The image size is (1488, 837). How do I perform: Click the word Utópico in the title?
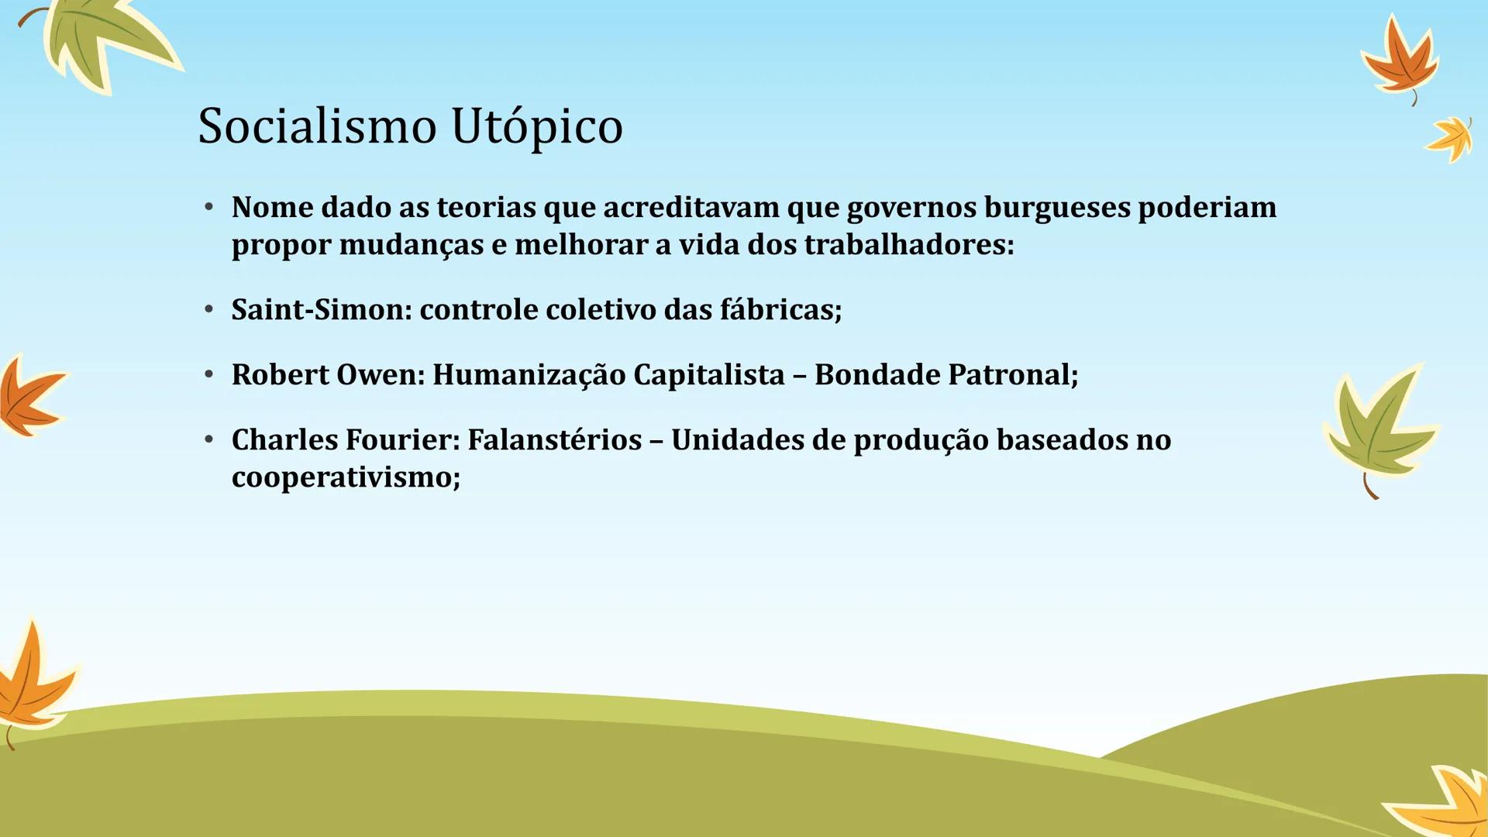536,126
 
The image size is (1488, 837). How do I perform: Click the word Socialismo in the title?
317,126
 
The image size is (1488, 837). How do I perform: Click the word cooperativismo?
346,477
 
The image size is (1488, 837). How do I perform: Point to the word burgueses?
1057,208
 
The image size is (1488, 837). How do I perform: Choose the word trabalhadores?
908,245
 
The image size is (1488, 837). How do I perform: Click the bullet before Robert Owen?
208,375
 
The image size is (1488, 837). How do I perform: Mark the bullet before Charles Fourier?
208,440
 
